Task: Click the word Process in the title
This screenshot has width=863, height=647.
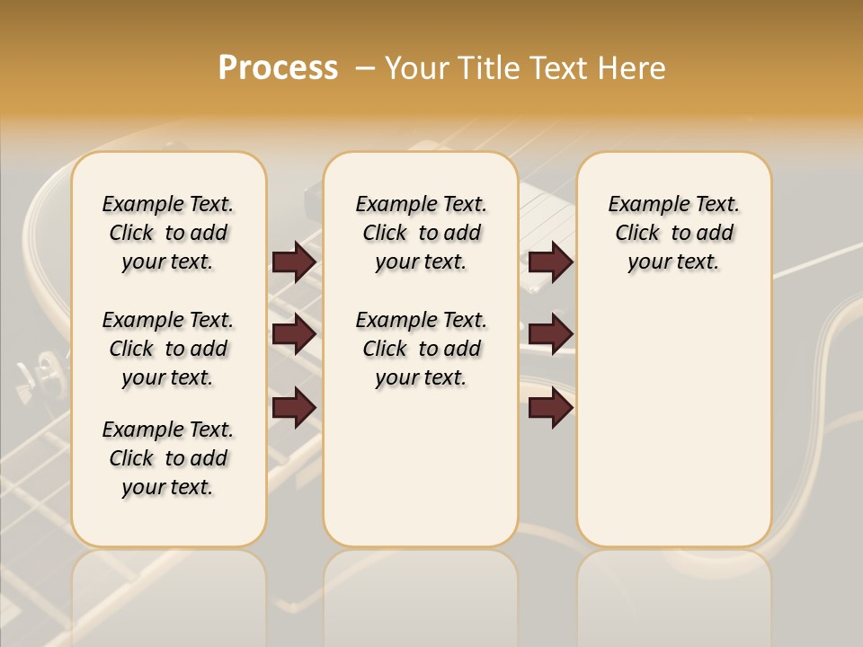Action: click(278, 68)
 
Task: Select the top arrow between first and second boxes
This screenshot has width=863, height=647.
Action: click(294, 261)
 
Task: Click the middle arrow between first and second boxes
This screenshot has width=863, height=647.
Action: click(294, 334)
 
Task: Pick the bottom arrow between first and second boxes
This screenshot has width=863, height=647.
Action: click(294, 407)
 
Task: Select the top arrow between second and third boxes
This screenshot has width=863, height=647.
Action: click(550, 261)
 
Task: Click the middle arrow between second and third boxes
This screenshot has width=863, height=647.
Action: click(550, 334)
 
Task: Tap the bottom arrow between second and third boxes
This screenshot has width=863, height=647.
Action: click(550, 407)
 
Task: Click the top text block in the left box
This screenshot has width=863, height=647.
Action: click(168, 233)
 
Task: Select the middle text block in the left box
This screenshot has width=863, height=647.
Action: click(168, 349)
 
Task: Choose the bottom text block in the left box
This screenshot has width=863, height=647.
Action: click(168, 458)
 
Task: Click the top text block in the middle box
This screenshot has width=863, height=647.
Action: click(421, 233)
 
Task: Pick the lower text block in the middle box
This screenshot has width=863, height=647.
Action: click(421, 349)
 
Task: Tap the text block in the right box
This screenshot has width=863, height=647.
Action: click(673, 233)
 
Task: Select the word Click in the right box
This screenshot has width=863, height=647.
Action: click(637, 234)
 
